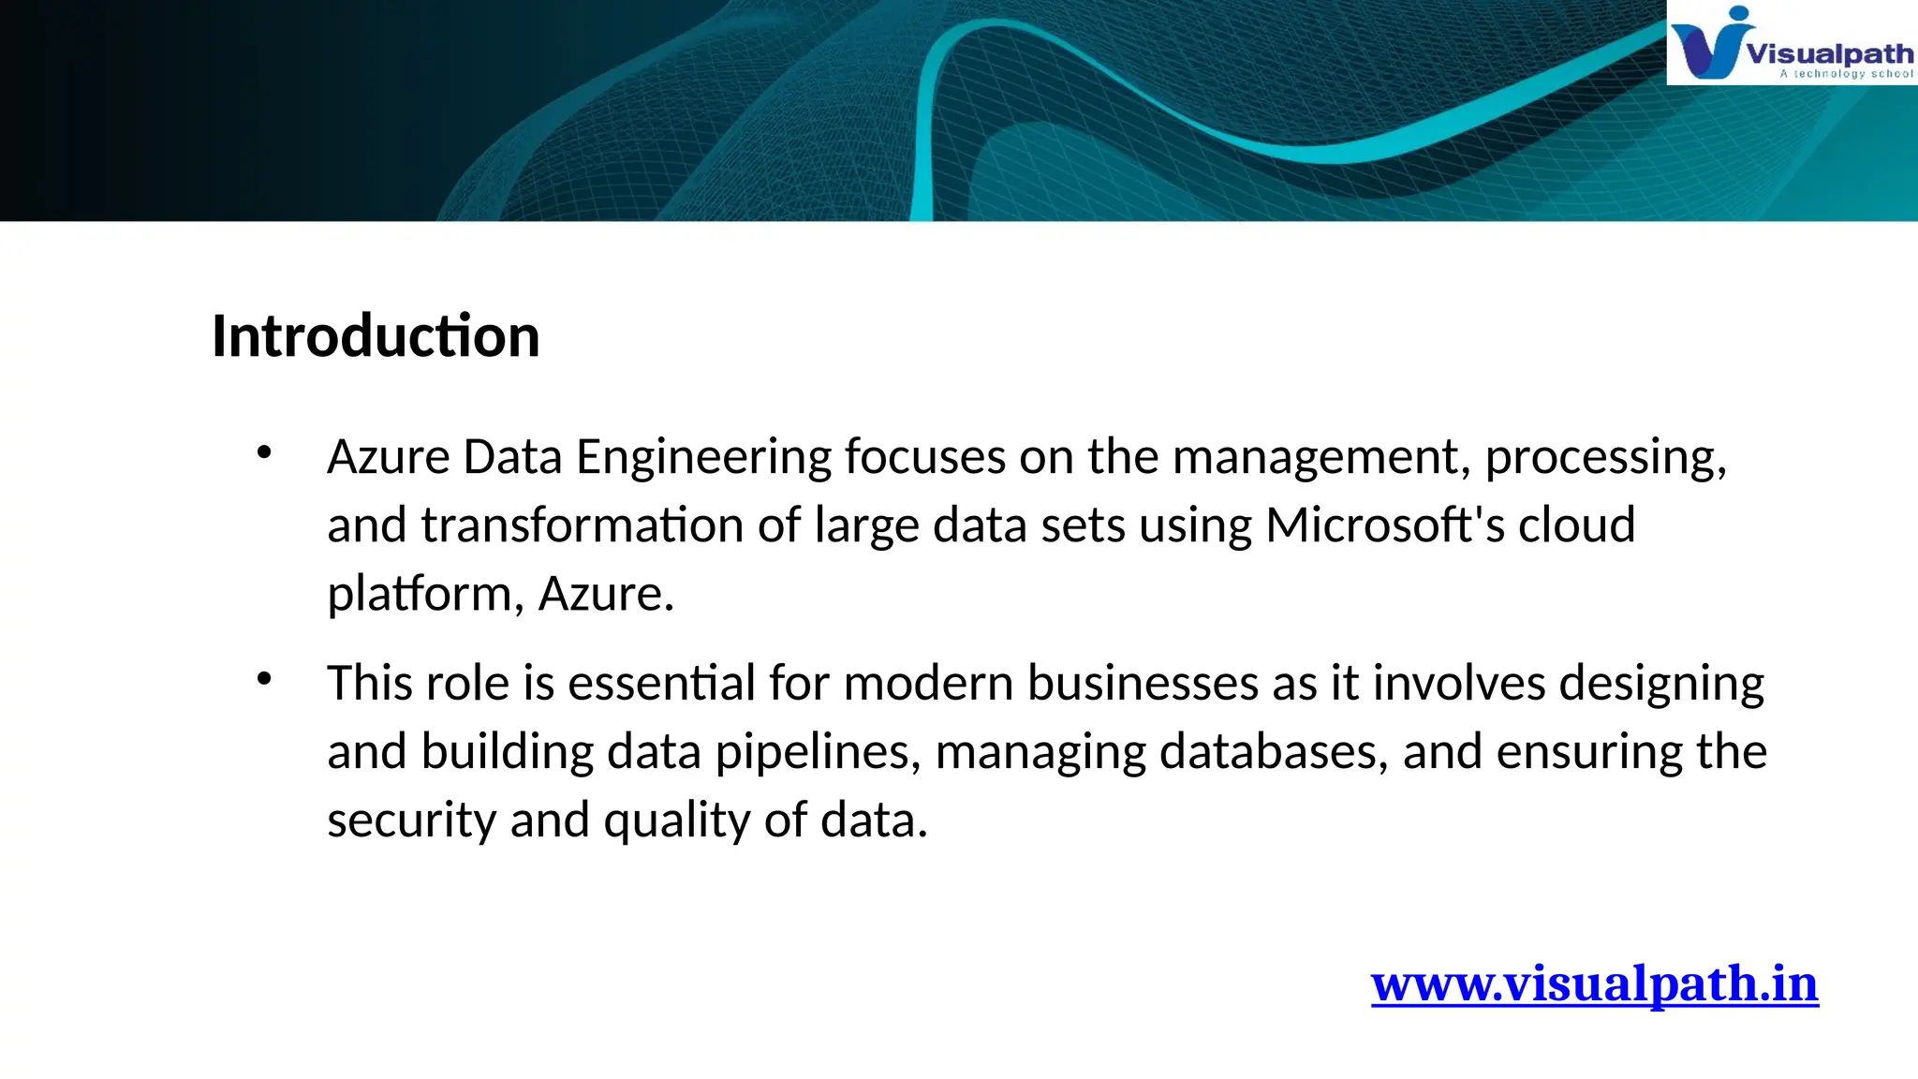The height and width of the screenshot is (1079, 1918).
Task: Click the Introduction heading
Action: click(x=376, y=336)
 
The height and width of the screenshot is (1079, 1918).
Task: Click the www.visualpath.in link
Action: click(x=1594, y=984)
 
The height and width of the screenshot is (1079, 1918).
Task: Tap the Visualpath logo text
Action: click(x=1829, y=53)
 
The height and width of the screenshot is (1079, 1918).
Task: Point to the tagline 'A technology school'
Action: click(x=1846, y=74)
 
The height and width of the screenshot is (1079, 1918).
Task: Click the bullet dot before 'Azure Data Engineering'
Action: click(x=264, y=453)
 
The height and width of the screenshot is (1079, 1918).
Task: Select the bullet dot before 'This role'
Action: click(x=264, y=679)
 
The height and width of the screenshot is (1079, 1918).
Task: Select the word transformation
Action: click(x=582, y=525)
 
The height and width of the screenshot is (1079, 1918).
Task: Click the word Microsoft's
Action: click(x=1385, y=525)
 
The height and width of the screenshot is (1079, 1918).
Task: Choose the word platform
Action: click(x=419, y=594)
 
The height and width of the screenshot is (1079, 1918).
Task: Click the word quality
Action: click(x=676, y=820)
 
